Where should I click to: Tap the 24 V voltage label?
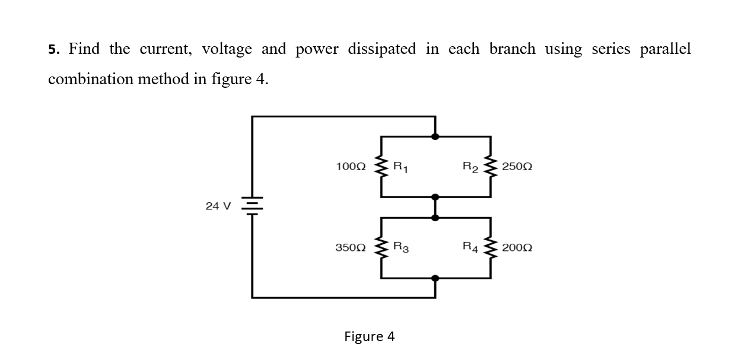tap(218, 206)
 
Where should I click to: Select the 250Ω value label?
tap(517, 167)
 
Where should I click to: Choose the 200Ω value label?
tap(517, 247)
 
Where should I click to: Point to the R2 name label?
tap(471, 167)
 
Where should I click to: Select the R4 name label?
tap(471, 247)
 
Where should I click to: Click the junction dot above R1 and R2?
tap(435, 136)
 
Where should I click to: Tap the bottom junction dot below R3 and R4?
tap(435, 278)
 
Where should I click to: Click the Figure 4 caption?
tap(370, 337)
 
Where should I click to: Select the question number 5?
tap(53, 50)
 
